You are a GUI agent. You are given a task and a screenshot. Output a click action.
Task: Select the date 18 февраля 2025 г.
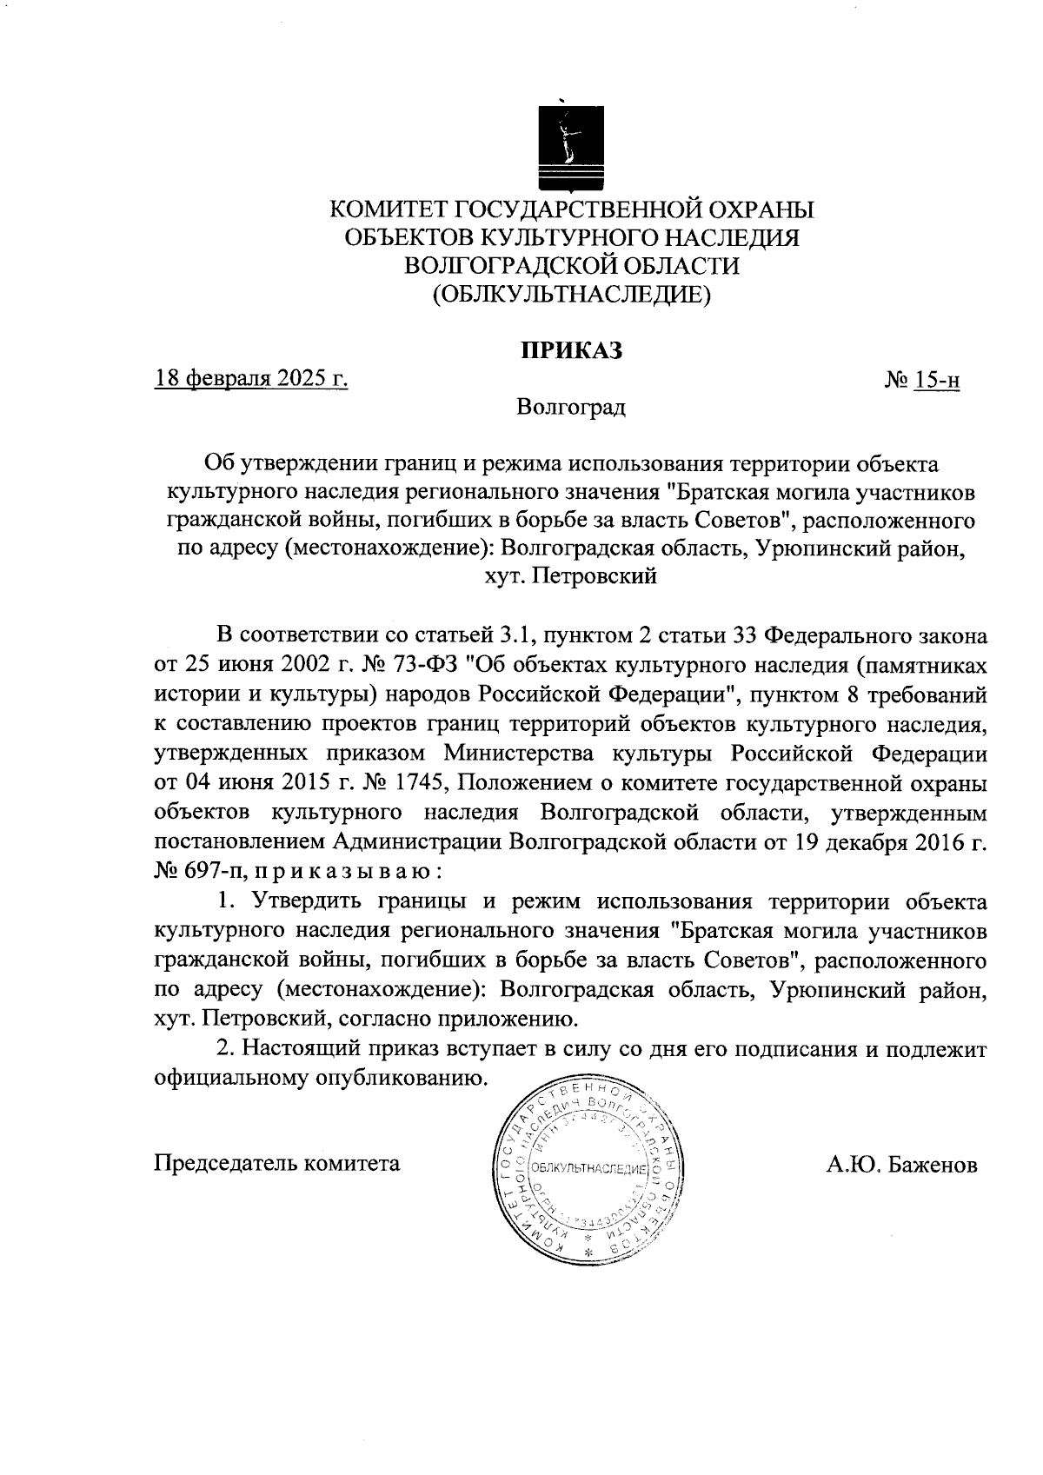point(251,379)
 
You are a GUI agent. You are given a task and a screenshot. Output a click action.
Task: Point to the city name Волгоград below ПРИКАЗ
point(570,407)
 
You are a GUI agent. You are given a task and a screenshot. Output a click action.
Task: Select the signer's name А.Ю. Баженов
point(902,1165)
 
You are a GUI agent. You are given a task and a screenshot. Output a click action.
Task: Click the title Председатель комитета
point(277,1163)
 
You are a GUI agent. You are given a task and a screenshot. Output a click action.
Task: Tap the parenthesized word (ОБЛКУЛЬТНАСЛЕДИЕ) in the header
point(572,295)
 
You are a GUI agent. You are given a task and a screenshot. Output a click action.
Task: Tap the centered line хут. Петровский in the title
point(571,576)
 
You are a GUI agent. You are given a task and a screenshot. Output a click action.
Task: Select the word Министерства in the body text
point(524,754)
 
